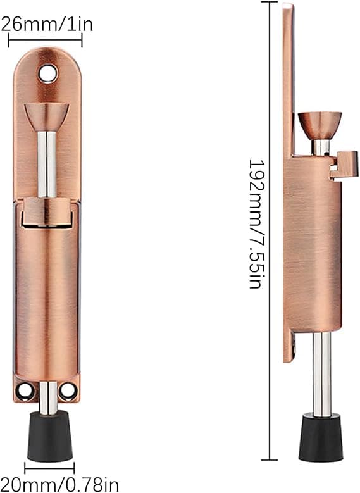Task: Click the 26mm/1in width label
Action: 47,24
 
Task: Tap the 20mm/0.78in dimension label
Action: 59,484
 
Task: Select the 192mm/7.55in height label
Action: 257,224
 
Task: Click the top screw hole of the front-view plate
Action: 48,73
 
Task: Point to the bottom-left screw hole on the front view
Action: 25,390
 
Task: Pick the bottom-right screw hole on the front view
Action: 68,390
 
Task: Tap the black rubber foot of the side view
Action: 321,439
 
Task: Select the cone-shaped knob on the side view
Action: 320,126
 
